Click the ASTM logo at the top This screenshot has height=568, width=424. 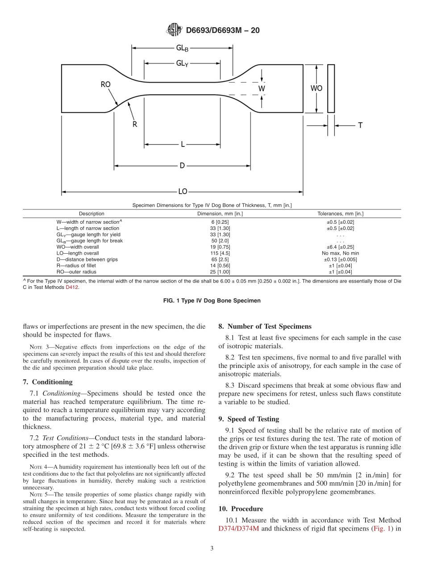pos(174,30)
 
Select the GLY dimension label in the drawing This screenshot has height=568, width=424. pos(182,63)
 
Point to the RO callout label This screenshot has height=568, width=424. pos(106,84)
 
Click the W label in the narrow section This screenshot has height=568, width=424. pos(262,88)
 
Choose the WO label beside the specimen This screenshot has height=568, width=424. pos(316,88)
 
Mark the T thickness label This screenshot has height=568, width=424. pos(360,125)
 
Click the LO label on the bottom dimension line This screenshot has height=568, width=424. pos(183,192)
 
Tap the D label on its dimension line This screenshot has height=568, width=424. pos(182,166)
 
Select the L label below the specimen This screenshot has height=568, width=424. pos(183,144)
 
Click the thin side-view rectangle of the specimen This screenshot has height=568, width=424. pos(331,88)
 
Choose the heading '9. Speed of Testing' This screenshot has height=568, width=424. pos(249,419)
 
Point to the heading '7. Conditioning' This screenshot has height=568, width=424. pos(47,382)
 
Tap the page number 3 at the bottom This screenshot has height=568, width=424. pos(212,549)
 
